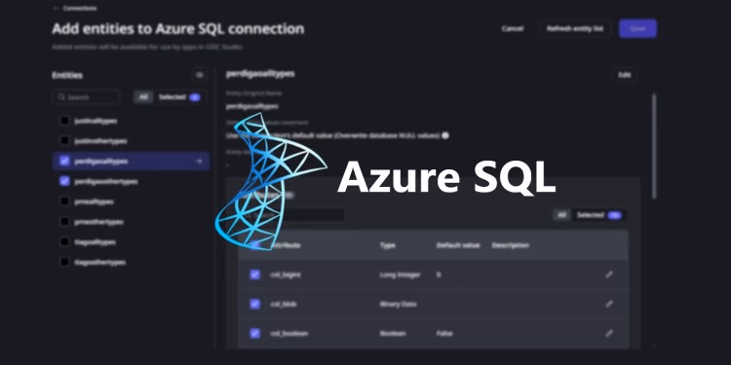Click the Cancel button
pyautogui.click(x=513, y=29)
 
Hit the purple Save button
pyautogui.click(x=637, y=29)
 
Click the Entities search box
pyautogui.click(x=88, y=97)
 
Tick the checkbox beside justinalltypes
pyautogui.click(x=64, y=121)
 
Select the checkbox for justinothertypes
pyautogui.click(x=64, y=141)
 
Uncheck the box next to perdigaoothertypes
pyautogui.click(x=64, y=181)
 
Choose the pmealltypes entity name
pyautogui.click(x=95, y=201)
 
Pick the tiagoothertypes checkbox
pyautogui.click(x=64, y=262)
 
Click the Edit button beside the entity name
pyautogui.click(x=624, y=75)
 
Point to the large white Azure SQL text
pyautogui.click(x=446, y=179)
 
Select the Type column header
pyautogui.click(x=387, y=245)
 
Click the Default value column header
pyautogui.click(x=454, y=245)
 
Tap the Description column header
pyautogui.click(x=511, y=245)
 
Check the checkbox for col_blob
pyautogui.click(x=255, y=304)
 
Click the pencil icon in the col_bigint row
pyautogui.click(x=609, y=274)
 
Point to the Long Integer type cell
pyautogui.click(x=400, y=274)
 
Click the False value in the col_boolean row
pyautogui.click(x=443, y=333)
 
